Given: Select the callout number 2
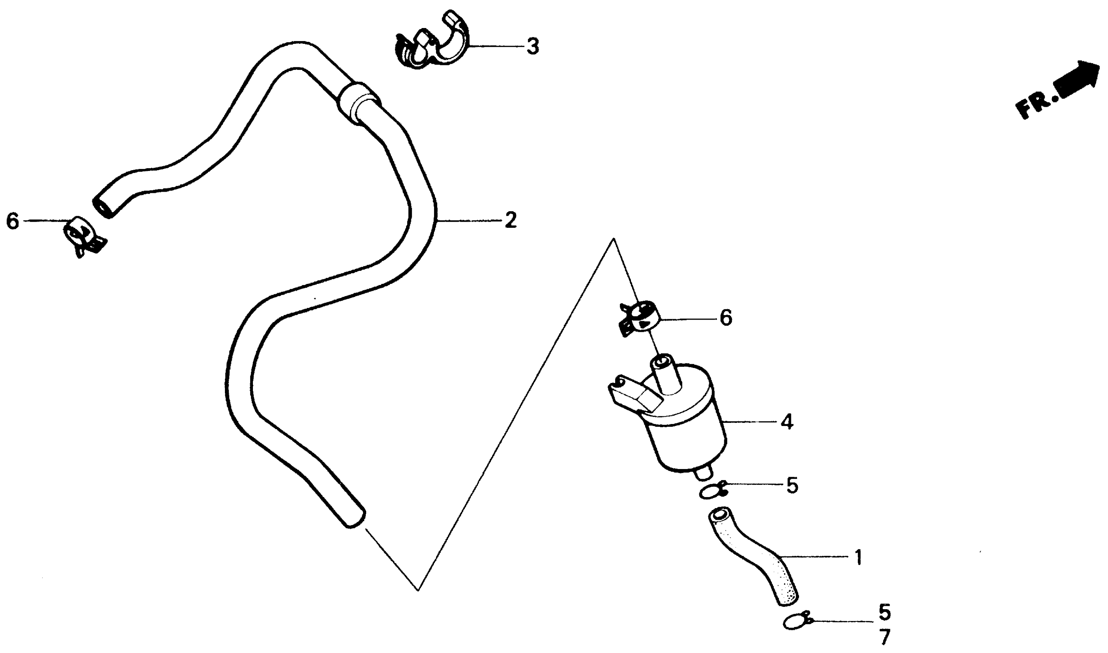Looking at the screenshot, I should (x=510, y=220).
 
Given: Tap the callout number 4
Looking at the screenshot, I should (x=787, y=422).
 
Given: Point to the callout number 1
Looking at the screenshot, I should (x=858, y=558).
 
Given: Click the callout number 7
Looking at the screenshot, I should (x=885, y=637).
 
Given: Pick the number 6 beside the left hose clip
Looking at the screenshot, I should (x=13, y=221).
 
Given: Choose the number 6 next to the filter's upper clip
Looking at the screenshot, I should (x=726, y=318).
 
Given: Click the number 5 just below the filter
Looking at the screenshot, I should (x=792, y=486).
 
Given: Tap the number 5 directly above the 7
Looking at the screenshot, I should (x=885, y=612).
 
